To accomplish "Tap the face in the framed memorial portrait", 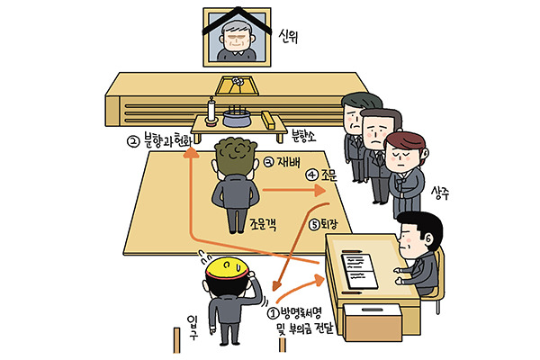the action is [x=236, y=38].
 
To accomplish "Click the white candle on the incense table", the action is [x=211, y=110].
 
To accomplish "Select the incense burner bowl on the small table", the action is [x=237, y=117].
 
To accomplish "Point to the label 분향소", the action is [x=303, y=136].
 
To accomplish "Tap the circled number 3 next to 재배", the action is [x=268, y=162].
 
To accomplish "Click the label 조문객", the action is [x=263, y=225].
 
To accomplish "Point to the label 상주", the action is [x=440, y=193].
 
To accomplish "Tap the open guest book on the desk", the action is [x=359, y=271].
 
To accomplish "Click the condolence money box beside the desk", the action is [x=373, y=323].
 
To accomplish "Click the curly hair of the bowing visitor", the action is [x=236, y=156].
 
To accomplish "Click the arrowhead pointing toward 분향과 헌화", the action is [x=191, y=153].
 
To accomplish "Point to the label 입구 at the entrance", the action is [x=193, y=327].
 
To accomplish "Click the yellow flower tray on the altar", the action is [x=237, y=85].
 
